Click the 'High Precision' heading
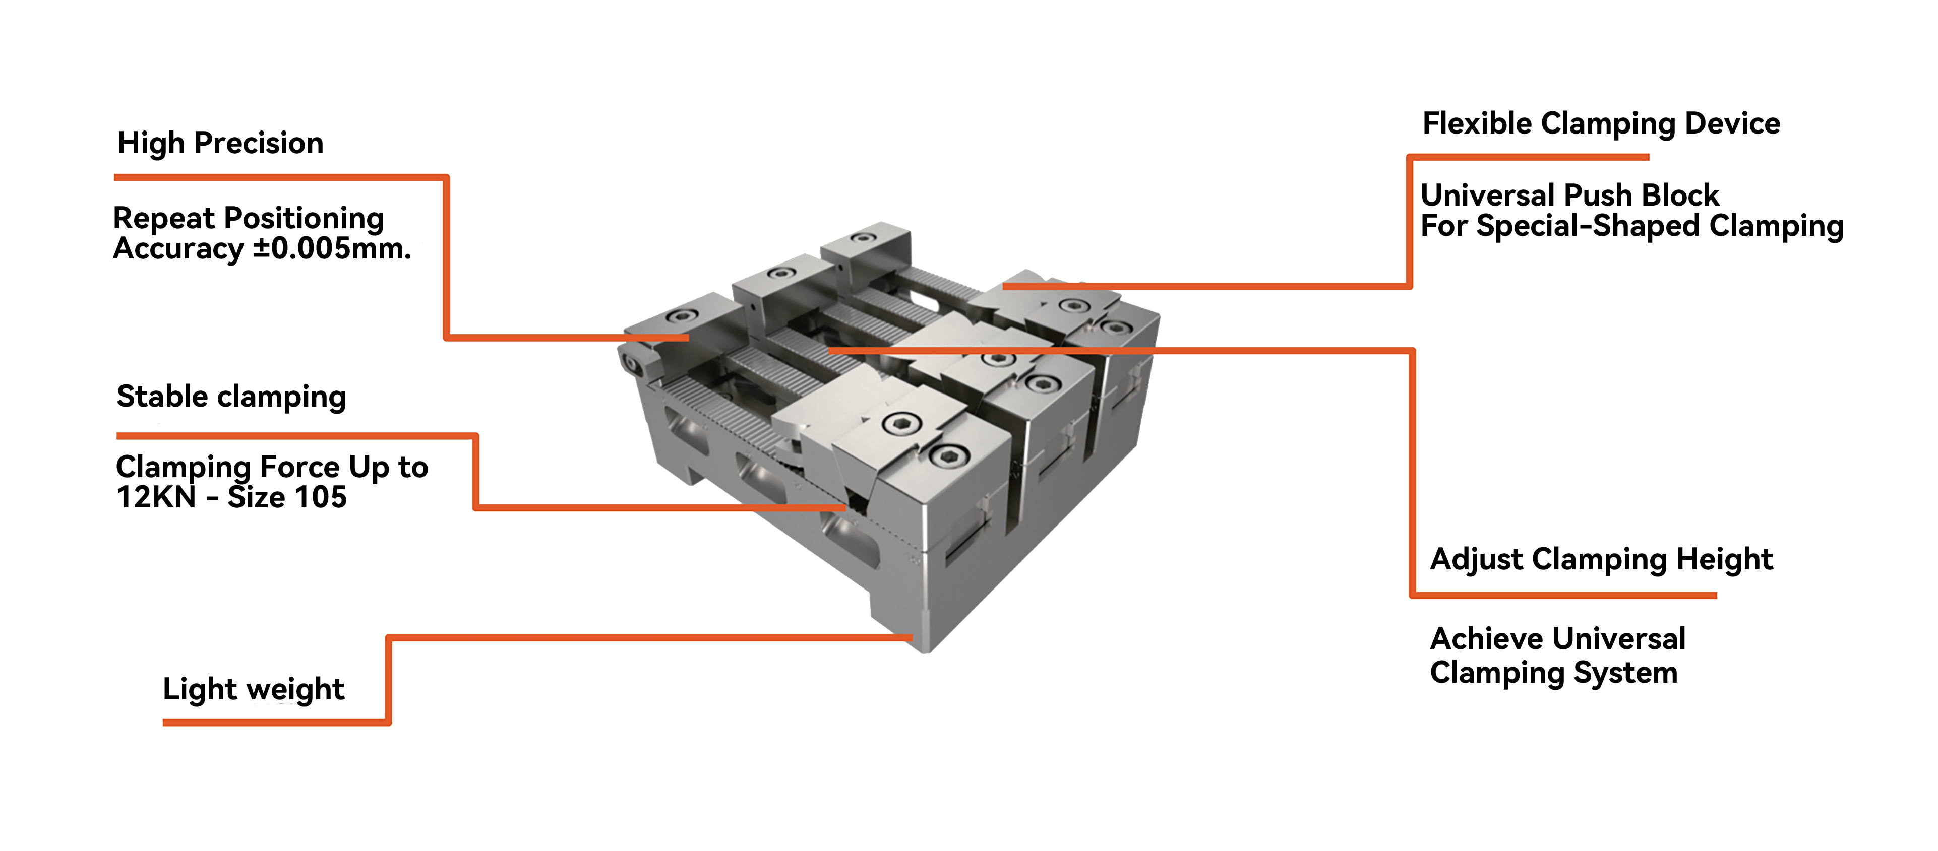pos(220,142)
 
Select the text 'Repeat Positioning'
pos(248,218)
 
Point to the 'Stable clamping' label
pos(231,396)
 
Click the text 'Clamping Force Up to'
pos(272,467)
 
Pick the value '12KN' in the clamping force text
pos(156,497)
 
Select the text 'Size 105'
pos(287,497)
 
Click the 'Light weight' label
pos(254,689)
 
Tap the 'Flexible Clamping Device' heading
pos(1601,123)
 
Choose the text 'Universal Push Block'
pos(1569,195)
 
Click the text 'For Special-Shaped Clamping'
pos(1631,226)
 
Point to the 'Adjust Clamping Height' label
pos(1601,559)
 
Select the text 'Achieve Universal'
pos(1557,639)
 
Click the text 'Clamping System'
pos(1553,673)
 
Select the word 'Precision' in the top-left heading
pos(258,142)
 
